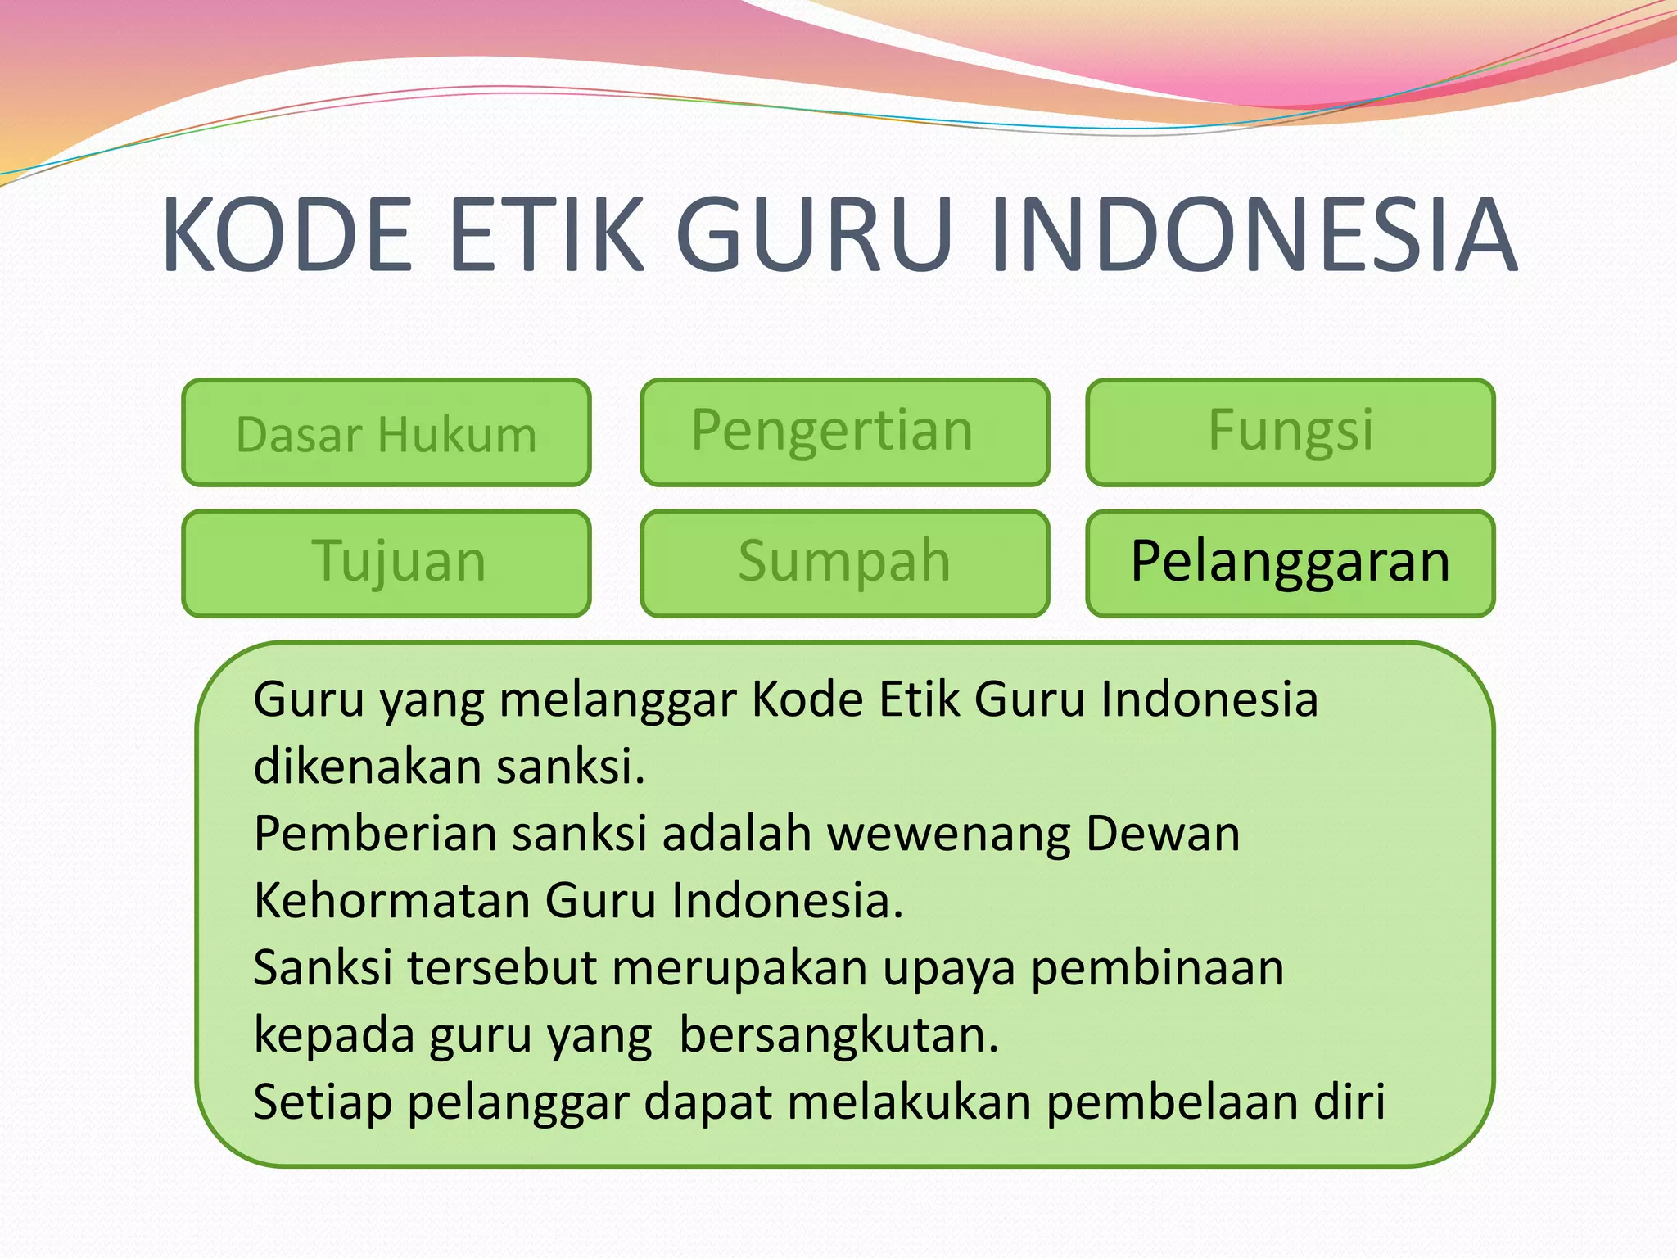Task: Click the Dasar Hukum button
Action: click(x=386, y=433)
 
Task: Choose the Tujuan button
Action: click(x=386, y=563)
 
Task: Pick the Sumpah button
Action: click(x=844, y=563)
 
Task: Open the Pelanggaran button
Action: click(x=1290, y=563)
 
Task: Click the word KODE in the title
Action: click(x=287, y=235)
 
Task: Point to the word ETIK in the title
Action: click(x=546, y=235)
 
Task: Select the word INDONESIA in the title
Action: click(x=1253, y=235)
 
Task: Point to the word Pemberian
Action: click(x=376, y=835)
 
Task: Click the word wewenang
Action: click(x=948, y=835)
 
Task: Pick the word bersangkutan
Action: click(x=838, y=1036)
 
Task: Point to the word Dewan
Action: click(x=1163, y=835)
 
